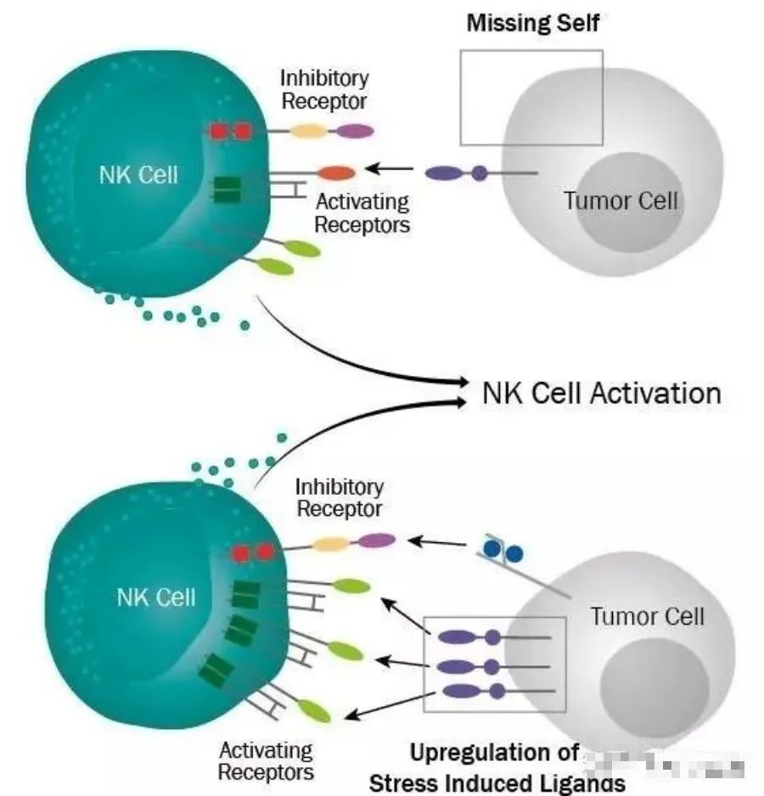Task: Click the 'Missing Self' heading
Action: (x=532, y=23)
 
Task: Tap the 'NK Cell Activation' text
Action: (x=601, y=393)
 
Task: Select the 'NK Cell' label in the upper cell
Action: (x=138, y=175)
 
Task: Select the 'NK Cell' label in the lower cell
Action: (x=155, y=597)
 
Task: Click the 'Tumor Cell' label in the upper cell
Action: (x=621, y=201)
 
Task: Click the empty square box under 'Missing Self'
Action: (x=531, y=97)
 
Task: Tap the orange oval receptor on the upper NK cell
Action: (x=336, y=173)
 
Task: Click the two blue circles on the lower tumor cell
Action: (x=504, y=552)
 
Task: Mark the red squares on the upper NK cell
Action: (x=230, y=132)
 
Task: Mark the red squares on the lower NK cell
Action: (x=253, y=552)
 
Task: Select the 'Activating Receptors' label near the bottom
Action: (x=266, y=761)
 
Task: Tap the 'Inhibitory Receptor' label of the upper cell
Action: (x=324, y=89)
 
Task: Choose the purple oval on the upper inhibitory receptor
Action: (x=356, y=131)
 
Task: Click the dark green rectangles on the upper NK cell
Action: (x=226, y=189)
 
